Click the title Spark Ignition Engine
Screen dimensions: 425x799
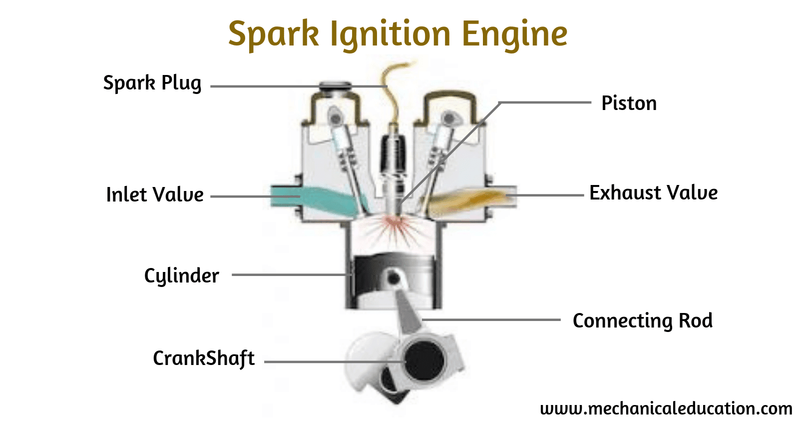pos(398,34)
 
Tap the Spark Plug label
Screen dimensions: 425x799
pos(152,83)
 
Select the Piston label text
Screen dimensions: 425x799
pos(629,103)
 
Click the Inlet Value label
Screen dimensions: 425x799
pos(155,194)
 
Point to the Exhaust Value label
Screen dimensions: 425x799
pos(653,193)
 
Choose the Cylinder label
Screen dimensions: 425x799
pos(181,275)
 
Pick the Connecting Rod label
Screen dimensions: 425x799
pos(642,320)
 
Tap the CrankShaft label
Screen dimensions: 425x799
pos(204,358)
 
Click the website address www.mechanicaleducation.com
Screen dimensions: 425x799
pos(666,408)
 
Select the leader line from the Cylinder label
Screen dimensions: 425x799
pos(290,274)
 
